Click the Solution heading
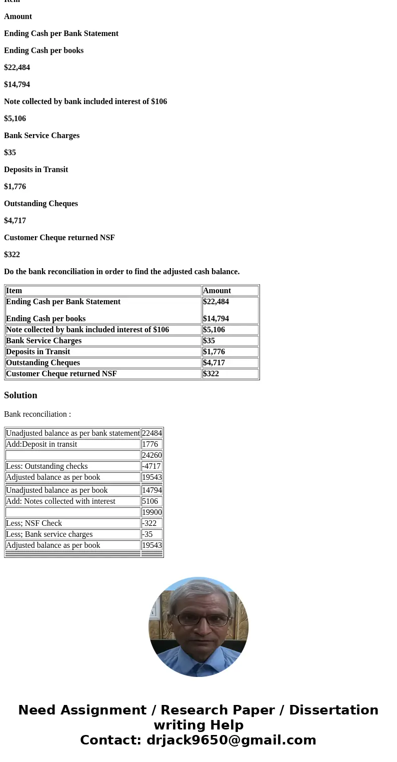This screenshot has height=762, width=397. click(x=20, y=395)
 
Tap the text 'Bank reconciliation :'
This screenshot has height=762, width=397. click(x=37, y=414)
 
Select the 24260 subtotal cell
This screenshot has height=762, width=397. click(x=151, y=455)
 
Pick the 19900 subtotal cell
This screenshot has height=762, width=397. click(x=151, y=512)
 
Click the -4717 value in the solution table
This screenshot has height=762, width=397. click(x=151, y=466)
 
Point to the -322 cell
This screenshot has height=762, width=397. click(x=149, y=523)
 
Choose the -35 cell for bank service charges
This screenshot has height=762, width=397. click(x=147, y=534)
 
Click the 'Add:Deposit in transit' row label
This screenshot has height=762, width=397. click(x=41, y=444)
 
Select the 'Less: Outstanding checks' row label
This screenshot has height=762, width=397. click(x=46, y=466)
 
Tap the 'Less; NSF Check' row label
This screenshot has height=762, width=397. click(x=34, y=523)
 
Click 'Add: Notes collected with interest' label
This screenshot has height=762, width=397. click(x=60, y=501)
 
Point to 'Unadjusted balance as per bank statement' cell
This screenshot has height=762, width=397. click(x=72, y=433)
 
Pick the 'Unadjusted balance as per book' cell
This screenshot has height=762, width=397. click(x=56, y=490)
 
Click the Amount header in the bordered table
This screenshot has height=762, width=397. click(x=217, y=291)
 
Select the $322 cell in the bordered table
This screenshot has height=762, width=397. click(x=211, y=374)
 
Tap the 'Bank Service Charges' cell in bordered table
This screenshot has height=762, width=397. click(x=43, y=341)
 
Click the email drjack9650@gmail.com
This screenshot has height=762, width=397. click(x=231, y=740)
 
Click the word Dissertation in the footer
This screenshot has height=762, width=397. click(x=333, y=710)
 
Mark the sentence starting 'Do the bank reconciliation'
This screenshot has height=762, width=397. click(x=121, y=272)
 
